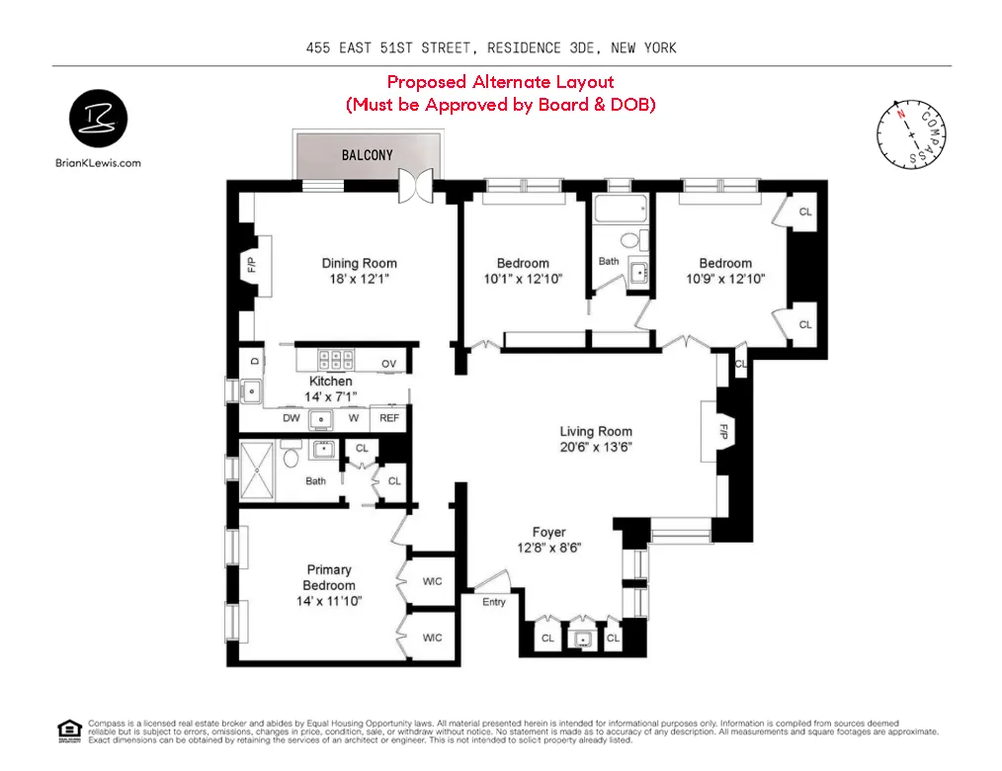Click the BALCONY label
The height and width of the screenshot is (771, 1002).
367,155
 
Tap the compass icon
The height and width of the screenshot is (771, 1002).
910,135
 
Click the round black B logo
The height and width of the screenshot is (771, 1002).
98,119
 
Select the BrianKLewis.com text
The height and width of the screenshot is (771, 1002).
98,163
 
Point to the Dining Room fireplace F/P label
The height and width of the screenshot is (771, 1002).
251,265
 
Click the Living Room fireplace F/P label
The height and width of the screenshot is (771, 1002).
723,432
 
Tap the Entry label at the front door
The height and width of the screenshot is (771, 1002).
494,602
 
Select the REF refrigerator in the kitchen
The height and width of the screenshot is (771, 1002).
390,418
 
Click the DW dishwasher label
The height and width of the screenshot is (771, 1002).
292,418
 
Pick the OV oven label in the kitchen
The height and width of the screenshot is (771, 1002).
389,364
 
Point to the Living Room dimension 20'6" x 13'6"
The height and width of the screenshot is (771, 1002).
596,447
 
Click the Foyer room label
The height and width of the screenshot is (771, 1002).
548,533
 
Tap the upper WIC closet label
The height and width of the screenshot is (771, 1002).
432,581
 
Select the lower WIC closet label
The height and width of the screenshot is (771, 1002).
432,638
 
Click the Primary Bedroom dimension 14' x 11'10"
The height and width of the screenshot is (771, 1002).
329,601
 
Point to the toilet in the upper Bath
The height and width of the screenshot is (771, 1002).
630,239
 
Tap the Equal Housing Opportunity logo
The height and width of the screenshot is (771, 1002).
69,730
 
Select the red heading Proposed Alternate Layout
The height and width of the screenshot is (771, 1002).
500,82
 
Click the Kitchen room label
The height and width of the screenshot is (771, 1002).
330,381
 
